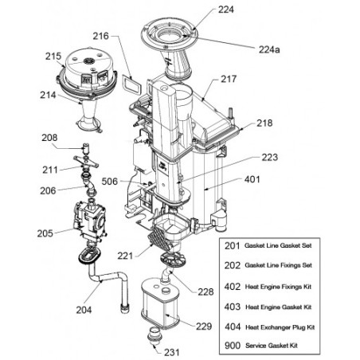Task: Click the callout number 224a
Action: pyautogui.click(x=269, y=49)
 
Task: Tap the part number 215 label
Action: pyautogui.click(x=53, y=56)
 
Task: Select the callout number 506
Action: pyautogui.click(x=109, y=182)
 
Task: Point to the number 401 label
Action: pyautogui.click(x=252, y=179)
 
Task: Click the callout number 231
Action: pyautogui.click(x=172, y=352)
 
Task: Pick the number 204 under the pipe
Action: pyautogui.click(x=84, y=310)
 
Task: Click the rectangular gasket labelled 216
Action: pyautogui.click(x=131, y=84)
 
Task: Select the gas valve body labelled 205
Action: pyautogui.click(x=90, y=221)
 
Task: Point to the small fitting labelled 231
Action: pyautogui.click(x=154, y=335)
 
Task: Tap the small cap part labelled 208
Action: pyautogui.click(x=86, y=148)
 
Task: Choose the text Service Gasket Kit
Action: pyautogui.click(x=272, y=346)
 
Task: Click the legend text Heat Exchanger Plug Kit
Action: pyautogui.click(x=280, y=327)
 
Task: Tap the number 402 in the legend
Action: pyautogui.click(x=233, y=287)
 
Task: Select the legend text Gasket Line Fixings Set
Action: pyautogui.click(x=278, y=265)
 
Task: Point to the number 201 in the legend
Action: pyautogui.click(x=232, y=246)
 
